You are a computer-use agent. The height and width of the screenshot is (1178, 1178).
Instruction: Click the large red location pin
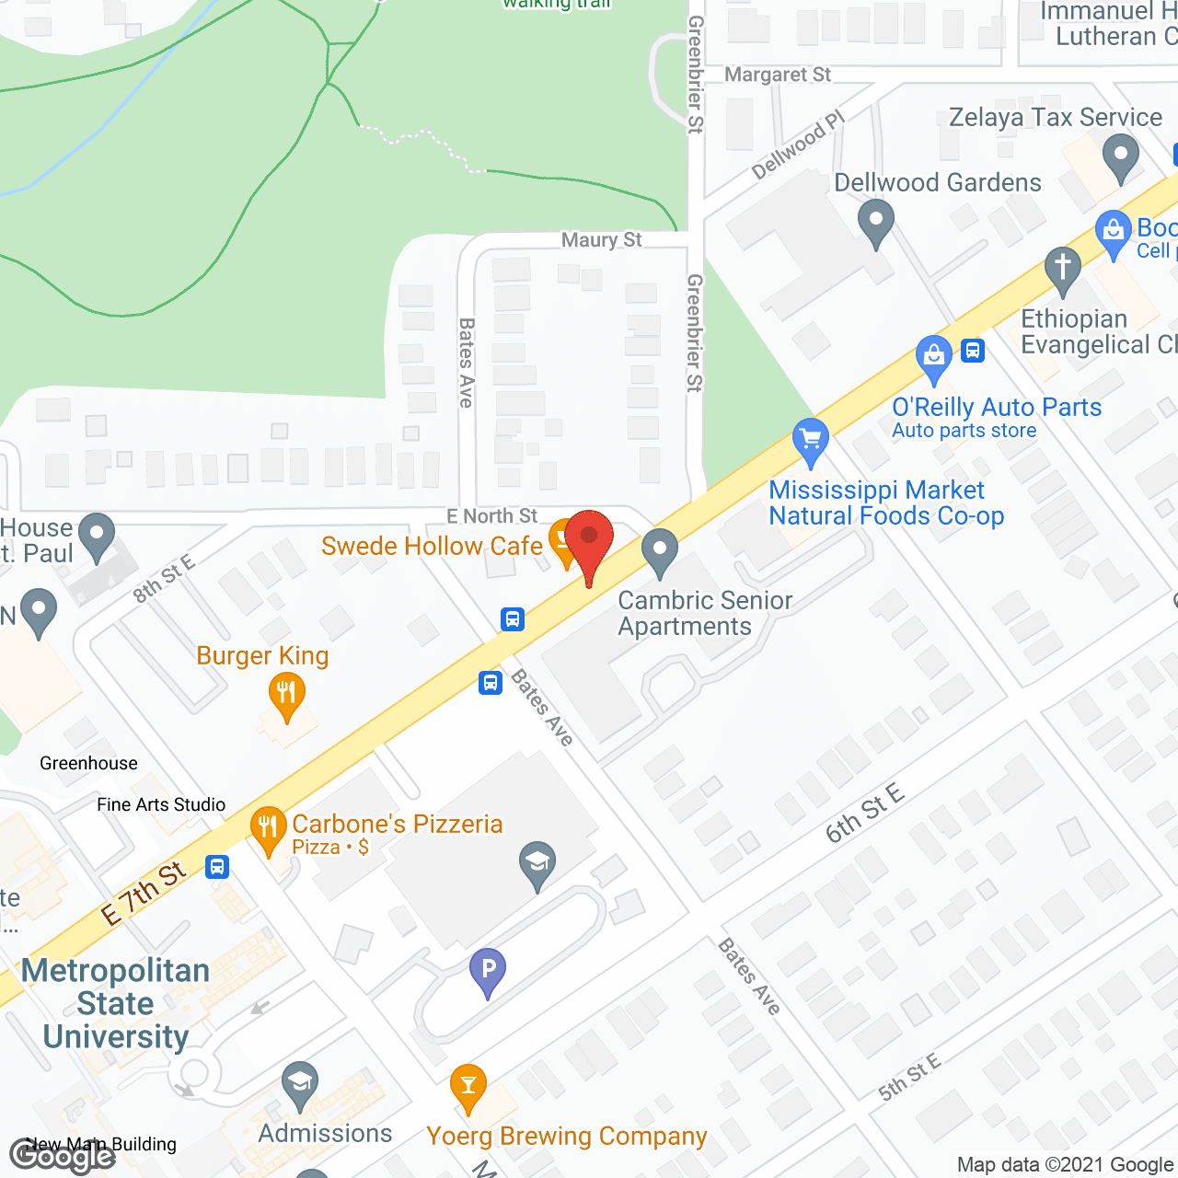(589, 539)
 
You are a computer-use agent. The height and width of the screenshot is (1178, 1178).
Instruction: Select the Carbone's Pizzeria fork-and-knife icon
(267, 826)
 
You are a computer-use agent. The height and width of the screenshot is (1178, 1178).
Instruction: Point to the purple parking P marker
(488, 969)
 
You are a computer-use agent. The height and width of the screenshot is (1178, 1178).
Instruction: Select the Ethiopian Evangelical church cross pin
(1063, 269)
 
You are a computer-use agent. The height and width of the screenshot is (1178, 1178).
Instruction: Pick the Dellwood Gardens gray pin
(876, 222)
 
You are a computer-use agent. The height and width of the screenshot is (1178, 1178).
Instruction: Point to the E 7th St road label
(144, 893)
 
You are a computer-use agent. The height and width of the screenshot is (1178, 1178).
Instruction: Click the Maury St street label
(602, 240)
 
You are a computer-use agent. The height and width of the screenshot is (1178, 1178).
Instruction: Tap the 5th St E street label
(909, 1077)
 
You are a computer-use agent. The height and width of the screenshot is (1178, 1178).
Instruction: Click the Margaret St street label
(778, 75)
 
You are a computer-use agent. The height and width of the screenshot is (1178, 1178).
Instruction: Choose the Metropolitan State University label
(116, 1003)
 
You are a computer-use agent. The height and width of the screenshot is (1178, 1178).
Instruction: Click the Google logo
(63, 1156)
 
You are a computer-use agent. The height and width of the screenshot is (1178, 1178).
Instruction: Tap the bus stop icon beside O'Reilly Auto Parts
(974, 351)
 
